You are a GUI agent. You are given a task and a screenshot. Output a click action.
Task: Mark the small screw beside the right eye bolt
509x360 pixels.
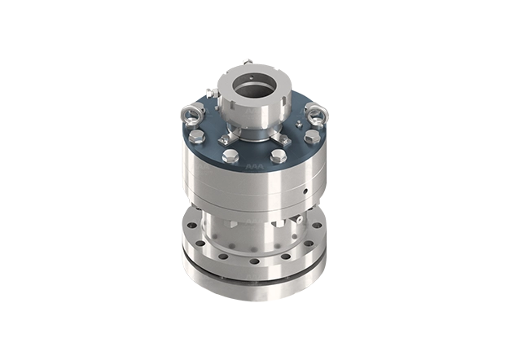[303, 124]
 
